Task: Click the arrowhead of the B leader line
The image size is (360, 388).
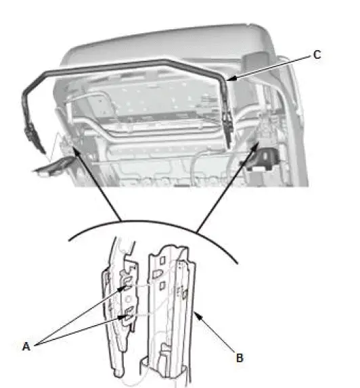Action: click(x=194, y=313)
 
